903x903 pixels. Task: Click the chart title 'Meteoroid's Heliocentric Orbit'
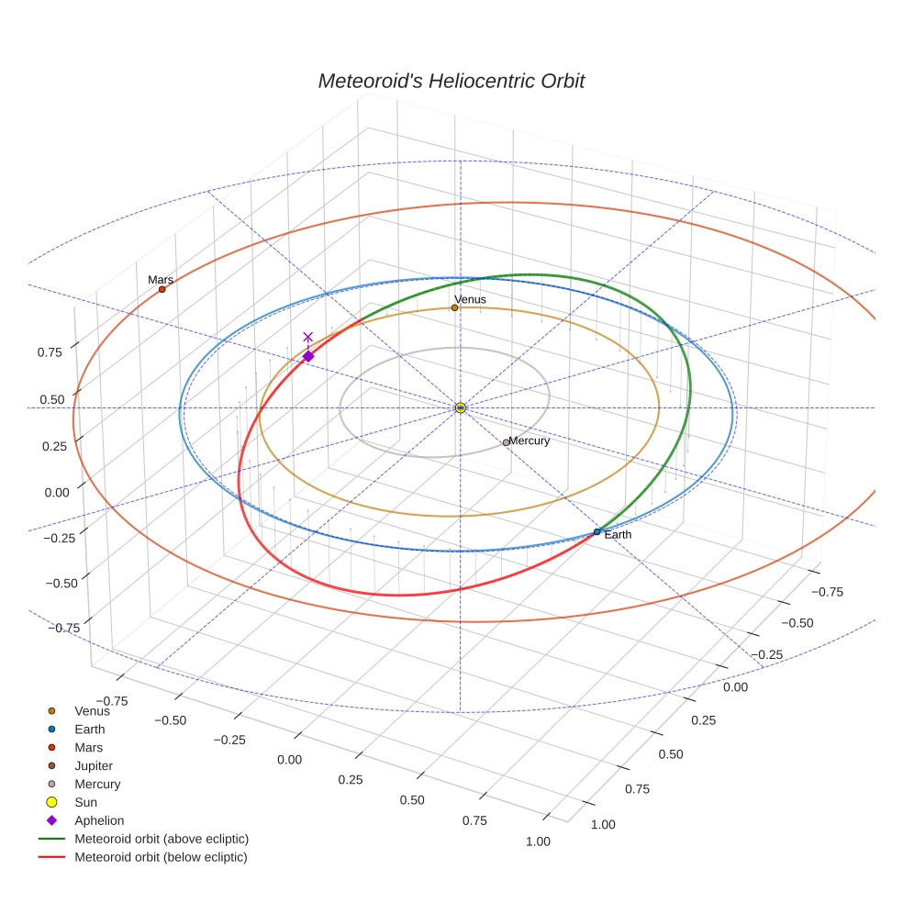(x=451, y=81)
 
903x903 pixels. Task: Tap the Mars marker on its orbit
(x=162, y=289)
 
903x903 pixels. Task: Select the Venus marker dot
(x=454, y=307)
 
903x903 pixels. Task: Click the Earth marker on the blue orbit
(x=597, y=531)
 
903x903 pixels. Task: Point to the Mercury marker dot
(x=506, y=442)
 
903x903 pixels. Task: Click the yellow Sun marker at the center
(x=461, y=407)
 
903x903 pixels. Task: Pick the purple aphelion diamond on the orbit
(x=308, y=356)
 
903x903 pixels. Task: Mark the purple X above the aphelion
(x=308, y=337)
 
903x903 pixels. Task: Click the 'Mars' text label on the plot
(x=161, y=279)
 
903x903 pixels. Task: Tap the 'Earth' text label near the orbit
(x=618, y=534)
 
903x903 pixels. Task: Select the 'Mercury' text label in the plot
(x=530, y=440)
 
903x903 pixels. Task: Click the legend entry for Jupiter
(x=94, y=765)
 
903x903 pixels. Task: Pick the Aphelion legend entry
(x=99, y=820)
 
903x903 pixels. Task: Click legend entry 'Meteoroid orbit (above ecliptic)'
(x=162, y=839)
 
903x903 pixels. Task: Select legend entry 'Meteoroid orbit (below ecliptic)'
(x=162, y=857)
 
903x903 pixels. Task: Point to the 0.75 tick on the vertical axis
(x=50, y=351)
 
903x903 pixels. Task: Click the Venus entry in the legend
(x=92, y=710)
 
